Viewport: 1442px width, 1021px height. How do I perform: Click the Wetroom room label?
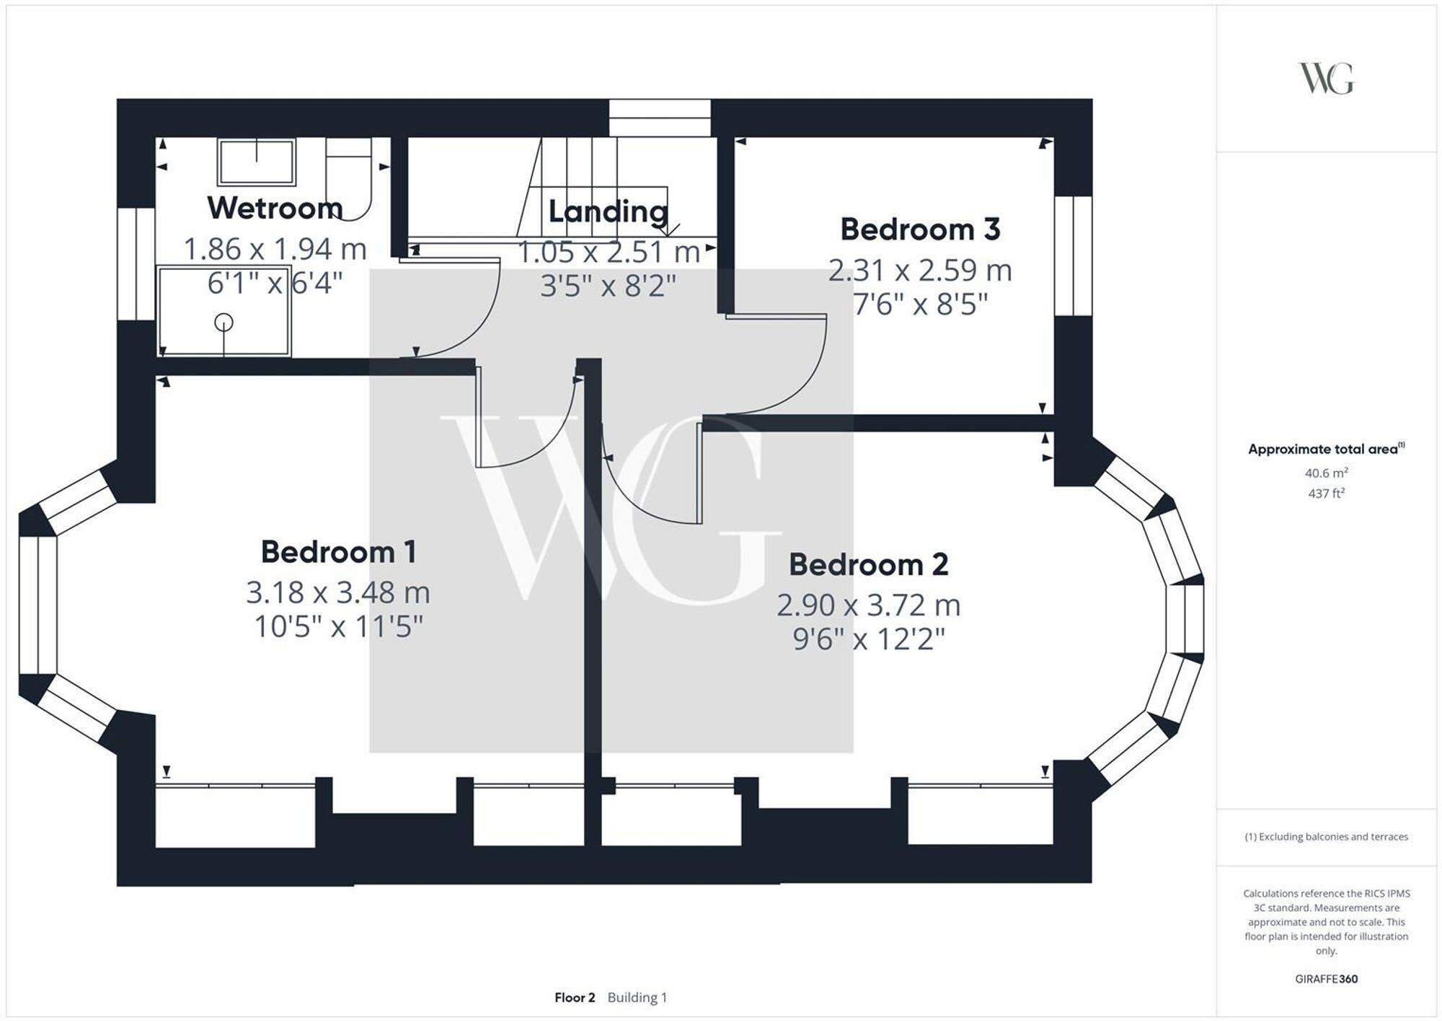point(275,208)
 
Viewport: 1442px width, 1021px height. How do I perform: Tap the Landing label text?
point(609,211)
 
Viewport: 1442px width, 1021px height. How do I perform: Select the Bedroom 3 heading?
point(920,229)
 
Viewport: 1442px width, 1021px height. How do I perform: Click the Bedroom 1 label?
point(338,552)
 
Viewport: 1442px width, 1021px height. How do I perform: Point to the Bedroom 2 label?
point(868,564)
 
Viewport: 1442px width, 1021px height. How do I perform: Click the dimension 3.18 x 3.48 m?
point(338,593)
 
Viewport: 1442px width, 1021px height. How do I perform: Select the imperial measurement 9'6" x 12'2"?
point(868,639)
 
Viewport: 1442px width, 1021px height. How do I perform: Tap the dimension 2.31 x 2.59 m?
point(920,271)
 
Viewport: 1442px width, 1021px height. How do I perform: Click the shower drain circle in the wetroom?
point(224,323)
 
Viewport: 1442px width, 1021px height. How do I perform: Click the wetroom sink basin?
point(257,162)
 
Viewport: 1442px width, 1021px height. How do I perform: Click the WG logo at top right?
point(1326,79)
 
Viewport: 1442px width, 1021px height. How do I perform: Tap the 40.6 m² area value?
point(1326,473)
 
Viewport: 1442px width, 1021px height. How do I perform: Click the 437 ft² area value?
point(1326,494)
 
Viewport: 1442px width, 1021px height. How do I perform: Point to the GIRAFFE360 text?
point(1326,979)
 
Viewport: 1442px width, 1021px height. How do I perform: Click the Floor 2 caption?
point(575,997)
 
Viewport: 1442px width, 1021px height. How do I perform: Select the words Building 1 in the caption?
point(637,997)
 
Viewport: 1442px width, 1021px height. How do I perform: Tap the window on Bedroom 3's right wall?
point(1074,255)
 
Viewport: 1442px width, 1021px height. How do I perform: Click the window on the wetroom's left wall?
point(136,263)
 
